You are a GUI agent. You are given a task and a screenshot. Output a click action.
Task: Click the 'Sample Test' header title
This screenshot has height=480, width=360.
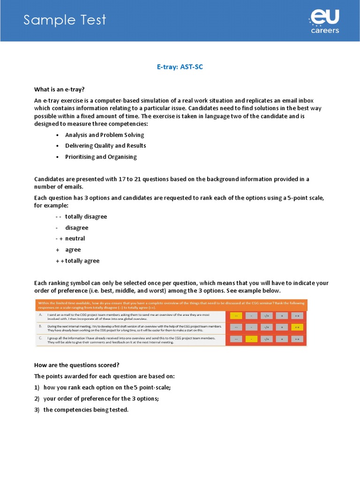coord(65,20)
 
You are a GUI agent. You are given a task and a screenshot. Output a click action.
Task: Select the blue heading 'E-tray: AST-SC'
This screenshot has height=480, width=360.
coord(180,67)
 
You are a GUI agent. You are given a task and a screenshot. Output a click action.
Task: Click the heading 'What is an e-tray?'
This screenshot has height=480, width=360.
coord(59,90)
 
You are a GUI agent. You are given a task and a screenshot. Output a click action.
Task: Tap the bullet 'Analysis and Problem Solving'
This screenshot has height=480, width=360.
coord(104,135)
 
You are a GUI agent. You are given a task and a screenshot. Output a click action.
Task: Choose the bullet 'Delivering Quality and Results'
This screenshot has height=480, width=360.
coord(105,146)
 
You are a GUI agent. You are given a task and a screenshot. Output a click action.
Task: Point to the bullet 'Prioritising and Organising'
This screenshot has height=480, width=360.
coord(101,157)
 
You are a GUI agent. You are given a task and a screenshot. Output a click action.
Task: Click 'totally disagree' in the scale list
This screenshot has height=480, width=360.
coord(86,217)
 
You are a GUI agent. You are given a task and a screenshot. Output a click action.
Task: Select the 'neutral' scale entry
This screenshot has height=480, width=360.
coord(75,239)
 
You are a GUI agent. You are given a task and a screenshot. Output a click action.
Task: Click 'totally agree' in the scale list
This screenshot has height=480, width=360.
coord(82,261)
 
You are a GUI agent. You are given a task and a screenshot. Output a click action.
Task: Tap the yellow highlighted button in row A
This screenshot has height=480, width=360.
coord(237,315)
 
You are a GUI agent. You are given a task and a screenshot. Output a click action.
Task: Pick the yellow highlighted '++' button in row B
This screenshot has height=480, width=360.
coord(297,327)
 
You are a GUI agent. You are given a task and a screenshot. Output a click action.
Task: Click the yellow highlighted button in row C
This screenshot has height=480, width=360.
coord(252,339)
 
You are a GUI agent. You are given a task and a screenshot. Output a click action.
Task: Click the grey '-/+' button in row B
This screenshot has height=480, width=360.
coord(267,327)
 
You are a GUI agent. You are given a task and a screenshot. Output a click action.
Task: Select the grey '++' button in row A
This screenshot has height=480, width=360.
coord(297,315)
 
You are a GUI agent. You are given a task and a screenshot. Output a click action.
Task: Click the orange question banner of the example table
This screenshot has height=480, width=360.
coord(172,305)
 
